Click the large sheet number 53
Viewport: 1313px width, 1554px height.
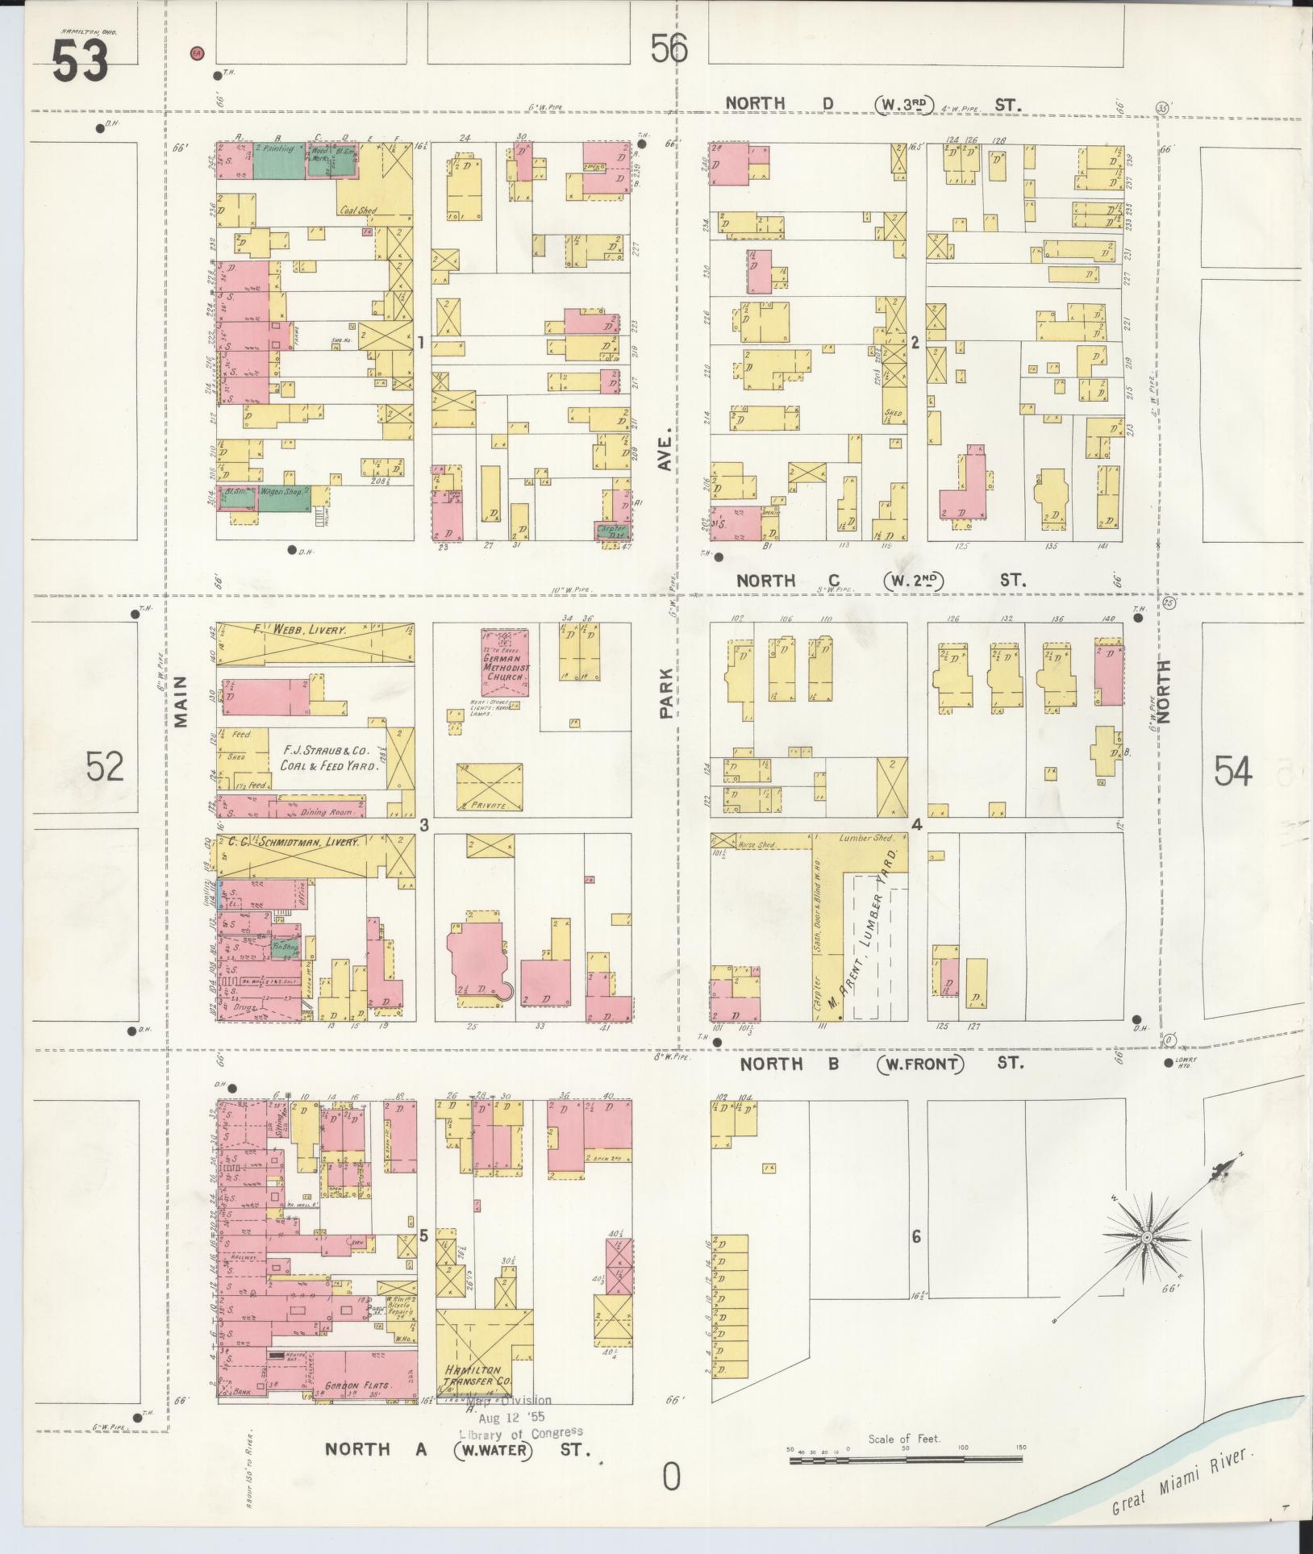pyautogui.click(x=81, y=61)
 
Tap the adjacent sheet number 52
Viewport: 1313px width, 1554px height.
pyautogui.click(x=106, y=766)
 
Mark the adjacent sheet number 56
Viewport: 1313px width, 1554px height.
pyautogui.click(x=669, y=50)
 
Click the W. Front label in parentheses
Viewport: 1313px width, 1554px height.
pyautogui.click(x=920, y=1064)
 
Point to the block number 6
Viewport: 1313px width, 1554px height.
pyautogui.click(x=915, y=1237)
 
